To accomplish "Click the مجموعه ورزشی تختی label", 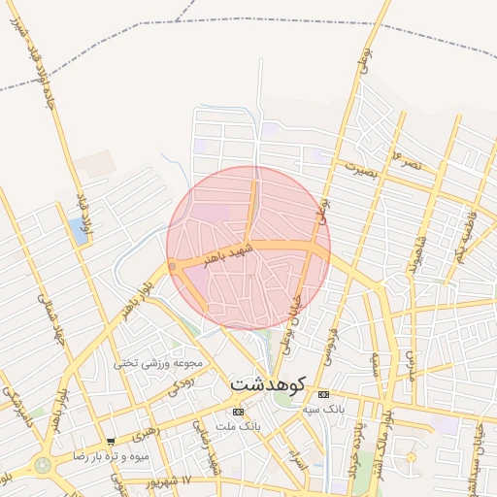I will (x=158, y=364).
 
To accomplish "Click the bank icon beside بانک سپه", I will (x=323, y=393).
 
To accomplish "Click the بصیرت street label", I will (x=357, y=167).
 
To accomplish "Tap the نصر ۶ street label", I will (x=405, y=158).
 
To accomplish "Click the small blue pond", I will (x=77, y=231).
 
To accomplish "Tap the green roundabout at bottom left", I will (x=43, y=465).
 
